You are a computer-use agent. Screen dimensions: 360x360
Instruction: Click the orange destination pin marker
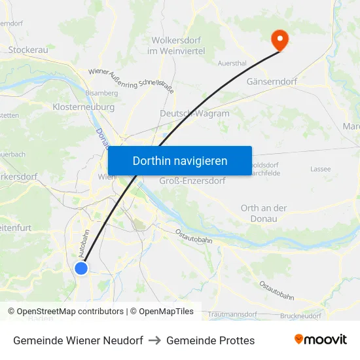click(x=279, y=41)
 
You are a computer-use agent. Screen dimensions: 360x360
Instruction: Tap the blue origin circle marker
click(x=81, y=268)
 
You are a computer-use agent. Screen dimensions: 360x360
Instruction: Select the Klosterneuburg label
click(x=83, y=107)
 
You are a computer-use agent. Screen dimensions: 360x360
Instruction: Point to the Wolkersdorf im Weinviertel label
click(x=176, y=45)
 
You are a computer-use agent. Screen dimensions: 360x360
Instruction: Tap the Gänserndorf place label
click(x=272, y=82)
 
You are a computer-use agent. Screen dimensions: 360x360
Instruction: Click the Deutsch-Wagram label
click(x=194, y=113)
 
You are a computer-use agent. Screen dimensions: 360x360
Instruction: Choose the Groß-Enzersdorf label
click(x=192, y=181)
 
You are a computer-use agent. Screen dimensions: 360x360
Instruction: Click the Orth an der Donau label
click(x=264, y=213)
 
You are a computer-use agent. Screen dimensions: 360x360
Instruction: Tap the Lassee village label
click(x=321, y=169)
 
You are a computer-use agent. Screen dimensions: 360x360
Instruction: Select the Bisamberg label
click(x=101, y=93)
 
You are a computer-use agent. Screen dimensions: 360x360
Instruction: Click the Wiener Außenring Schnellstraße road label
click(x=131, y=81)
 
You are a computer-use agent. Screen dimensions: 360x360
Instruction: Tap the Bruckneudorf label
click(x=300, y=315)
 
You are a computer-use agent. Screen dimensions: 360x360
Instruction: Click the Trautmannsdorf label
click(x=234, y=315)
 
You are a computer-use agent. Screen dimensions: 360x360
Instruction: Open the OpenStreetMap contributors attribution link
click(x=66, y=312)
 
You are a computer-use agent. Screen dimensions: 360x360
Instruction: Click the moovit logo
click(x=320, y=340)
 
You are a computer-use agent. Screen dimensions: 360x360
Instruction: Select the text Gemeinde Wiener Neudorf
click(x=78, y=340)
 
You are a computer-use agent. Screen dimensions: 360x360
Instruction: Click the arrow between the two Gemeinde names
click(x=154, y=340)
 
